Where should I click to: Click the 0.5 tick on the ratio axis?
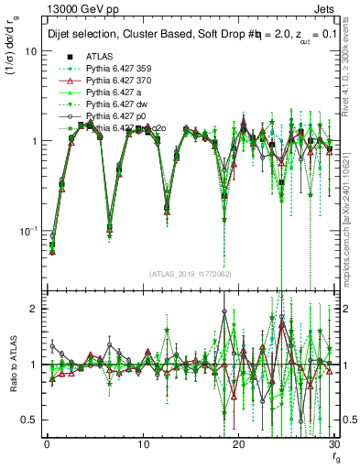[x=31, y=420]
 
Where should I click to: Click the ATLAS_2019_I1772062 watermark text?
[x=189, y=273]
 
